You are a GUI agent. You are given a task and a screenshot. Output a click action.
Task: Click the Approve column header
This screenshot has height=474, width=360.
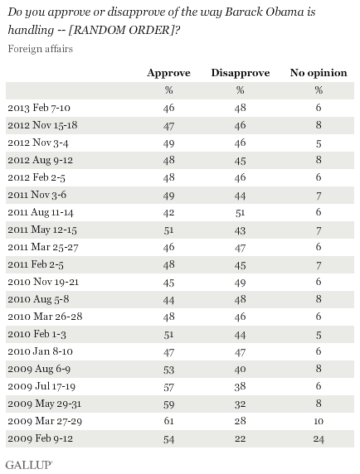tap(168, 73)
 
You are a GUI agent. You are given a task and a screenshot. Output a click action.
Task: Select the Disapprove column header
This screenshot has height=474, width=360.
tap(241, 73)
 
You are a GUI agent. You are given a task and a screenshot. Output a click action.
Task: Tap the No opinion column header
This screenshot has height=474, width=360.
tap(319, 73)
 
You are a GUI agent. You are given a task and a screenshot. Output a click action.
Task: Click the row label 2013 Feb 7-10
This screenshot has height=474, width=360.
tap(39, 108)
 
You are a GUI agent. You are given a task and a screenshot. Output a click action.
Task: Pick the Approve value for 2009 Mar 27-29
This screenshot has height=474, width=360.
tap(168, 421)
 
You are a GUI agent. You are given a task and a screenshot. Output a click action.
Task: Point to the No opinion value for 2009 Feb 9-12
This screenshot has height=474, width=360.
tap(319, 438)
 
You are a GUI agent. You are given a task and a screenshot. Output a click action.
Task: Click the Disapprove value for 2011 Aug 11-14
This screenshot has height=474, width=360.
tap(241, 212)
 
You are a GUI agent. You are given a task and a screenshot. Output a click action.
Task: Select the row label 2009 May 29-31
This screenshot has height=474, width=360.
tap(45, 404)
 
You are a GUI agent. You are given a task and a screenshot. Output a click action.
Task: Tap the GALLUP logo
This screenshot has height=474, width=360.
tap(29, 465)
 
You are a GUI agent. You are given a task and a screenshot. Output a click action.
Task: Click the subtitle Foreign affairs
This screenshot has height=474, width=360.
tap(41, 49)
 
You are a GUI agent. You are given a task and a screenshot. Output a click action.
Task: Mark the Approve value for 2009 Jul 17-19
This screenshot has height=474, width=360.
tap(168, 386)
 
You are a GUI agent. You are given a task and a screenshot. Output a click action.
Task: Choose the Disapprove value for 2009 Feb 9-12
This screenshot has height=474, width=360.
tap(241, 438)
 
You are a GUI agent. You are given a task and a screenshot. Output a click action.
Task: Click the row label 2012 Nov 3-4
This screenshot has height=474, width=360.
tap(38, 143)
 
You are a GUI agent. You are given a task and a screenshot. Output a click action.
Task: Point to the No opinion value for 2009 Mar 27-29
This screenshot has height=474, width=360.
tap(319, 421)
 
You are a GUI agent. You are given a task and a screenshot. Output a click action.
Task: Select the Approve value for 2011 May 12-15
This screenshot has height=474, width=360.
tap(168, 230)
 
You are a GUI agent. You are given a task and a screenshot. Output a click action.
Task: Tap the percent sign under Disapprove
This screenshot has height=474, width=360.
tap(241, 90)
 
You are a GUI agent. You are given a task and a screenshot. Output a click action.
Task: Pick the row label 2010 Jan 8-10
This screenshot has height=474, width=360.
tap(41, 351)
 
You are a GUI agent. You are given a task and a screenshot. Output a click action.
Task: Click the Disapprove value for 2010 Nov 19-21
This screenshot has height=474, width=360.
tap(241, 282)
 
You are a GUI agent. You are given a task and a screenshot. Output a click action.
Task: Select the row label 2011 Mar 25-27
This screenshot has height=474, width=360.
tap(43, 247)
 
